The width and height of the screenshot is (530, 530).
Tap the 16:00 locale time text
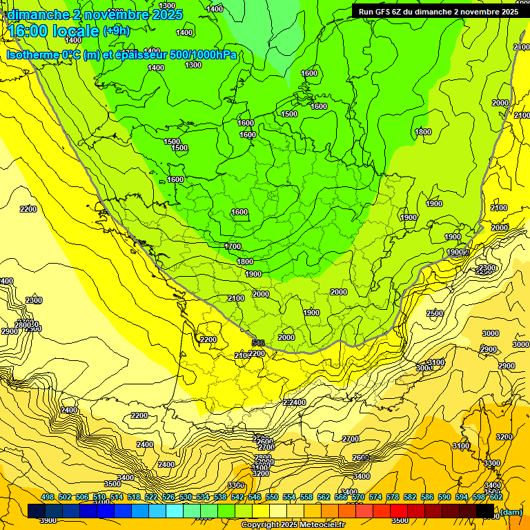pos(52,31)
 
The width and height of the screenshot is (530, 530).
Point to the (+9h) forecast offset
pos(116,30)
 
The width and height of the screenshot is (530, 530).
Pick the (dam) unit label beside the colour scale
pos(511,511)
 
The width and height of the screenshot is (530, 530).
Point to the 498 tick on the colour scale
pos(48,497)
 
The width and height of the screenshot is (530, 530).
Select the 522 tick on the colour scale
pos(151,497)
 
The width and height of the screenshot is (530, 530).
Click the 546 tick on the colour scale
pos(255,497)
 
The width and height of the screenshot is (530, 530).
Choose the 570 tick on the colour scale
pos(358,497)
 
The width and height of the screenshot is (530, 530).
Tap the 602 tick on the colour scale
pos(496,497)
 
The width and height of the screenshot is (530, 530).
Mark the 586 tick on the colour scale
pos(427,497)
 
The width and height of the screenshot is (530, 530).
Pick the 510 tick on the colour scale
pos(99,497)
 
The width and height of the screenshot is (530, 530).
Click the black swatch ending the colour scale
pos(485,511)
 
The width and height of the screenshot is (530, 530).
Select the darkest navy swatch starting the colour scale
pos(37,511)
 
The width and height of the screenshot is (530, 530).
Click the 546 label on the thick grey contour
pos(258,343)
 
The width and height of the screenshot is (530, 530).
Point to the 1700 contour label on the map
pos(233,246)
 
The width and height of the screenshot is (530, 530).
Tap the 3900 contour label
pos(48,520)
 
